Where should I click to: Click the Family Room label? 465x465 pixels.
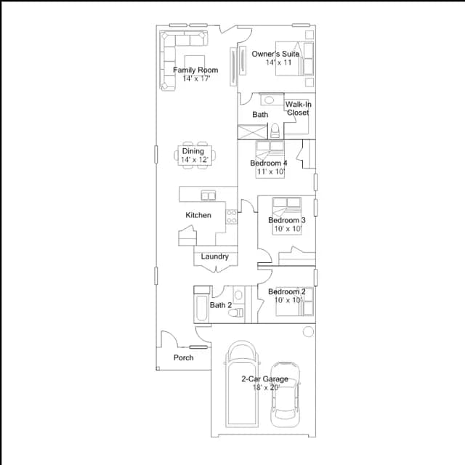coord(195,70)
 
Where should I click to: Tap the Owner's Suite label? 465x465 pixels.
coord(275,54)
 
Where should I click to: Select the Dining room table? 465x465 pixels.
coord(195,155)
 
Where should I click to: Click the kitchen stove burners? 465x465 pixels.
coord(231,217)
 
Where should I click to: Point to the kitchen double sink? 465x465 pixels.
coord(209,195)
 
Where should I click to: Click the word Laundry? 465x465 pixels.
coord(215,256)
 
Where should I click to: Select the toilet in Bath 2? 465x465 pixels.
coord(238,312)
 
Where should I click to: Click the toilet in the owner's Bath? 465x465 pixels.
coord(275,131)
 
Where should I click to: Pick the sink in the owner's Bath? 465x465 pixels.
coord(269,100)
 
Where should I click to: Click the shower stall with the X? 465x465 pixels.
coord(253,132)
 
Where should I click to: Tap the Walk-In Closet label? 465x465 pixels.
coord(298,108)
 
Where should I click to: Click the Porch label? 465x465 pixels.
coord(184,357)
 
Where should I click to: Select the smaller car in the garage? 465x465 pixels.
coord(285,395)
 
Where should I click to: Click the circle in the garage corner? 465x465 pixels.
coord(308,331)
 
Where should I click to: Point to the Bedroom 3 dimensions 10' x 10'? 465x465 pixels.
coord(288,229)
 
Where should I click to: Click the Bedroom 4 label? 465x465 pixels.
coord(269,163)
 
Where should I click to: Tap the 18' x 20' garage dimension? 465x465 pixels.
coord(267,387)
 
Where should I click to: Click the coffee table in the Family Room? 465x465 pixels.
coord(195,64)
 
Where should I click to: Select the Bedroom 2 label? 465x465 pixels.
coord(287,291)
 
